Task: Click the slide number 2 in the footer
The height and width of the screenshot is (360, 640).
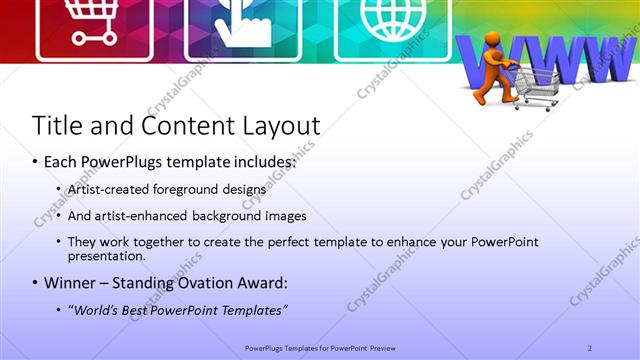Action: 590,347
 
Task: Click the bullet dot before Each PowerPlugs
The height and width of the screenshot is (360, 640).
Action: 36,161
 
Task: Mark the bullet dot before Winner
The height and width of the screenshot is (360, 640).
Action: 36,282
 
